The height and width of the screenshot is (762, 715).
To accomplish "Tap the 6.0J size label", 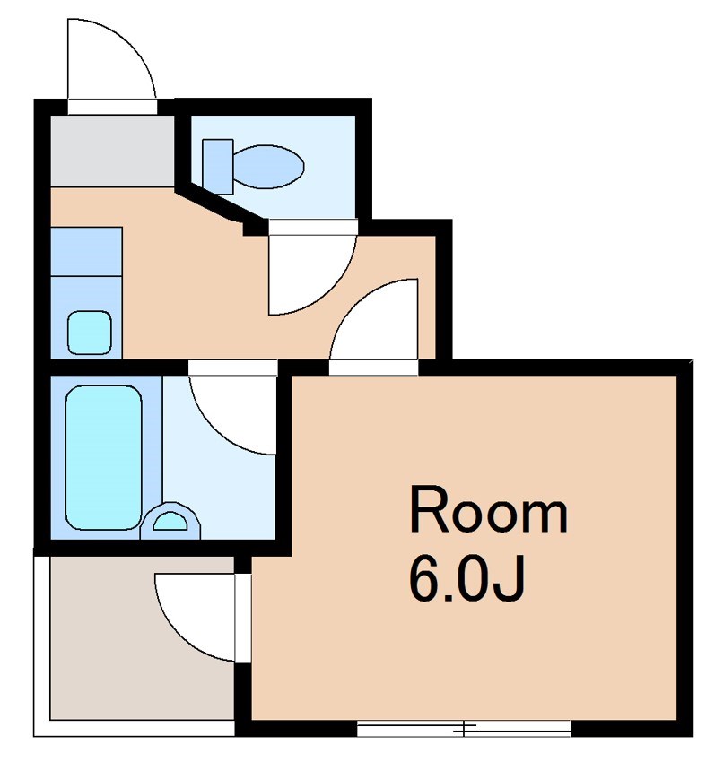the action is click(x=466, y=578).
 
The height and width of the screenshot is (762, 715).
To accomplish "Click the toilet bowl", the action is click(x=268, y=167).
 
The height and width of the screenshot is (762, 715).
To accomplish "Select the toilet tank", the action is click(x=218, y=167).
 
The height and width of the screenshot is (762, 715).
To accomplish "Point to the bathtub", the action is click(x=103, y=457).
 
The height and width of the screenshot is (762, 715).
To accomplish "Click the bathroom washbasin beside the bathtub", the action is click(x=170, y=521).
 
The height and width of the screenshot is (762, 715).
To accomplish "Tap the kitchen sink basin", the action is click(x=90, y=333).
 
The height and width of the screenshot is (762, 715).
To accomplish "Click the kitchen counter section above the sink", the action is click(x=86, y=252).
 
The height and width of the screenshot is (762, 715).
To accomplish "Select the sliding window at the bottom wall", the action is click(x=464, y=729).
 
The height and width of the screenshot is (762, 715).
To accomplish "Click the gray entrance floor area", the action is click(x=113, y=151).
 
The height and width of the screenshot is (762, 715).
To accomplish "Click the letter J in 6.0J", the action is click(x=510, y=578).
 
